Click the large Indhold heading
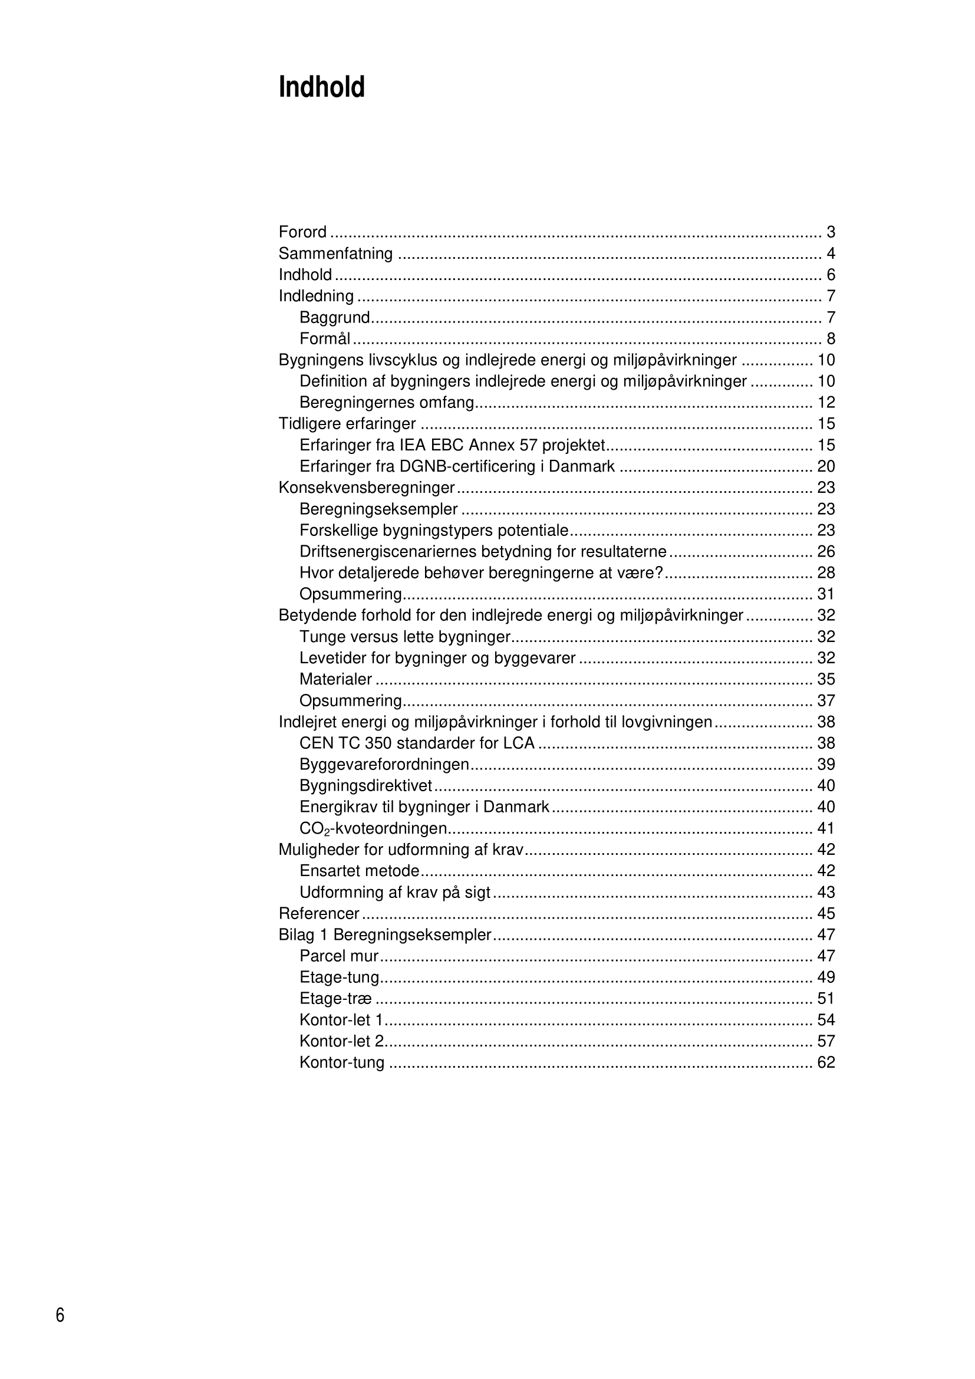322,88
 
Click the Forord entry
302,232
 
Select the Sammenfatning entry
335,254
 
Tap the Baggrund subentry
334,317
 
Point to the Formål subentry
325,339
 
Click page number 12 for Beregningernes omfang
825,403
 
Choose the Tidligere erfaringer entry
347,424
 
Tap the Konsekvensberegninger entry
366,488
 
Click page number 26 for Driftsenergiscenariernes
825,551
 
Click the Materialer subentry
335,679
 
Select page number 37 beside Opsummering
825,701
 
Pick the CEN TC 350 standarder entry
417,743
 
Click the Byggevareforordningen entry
384,765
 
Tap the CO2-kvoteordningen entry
373,829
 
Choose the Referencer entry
319,913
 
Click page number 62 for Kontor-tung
825,1062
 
